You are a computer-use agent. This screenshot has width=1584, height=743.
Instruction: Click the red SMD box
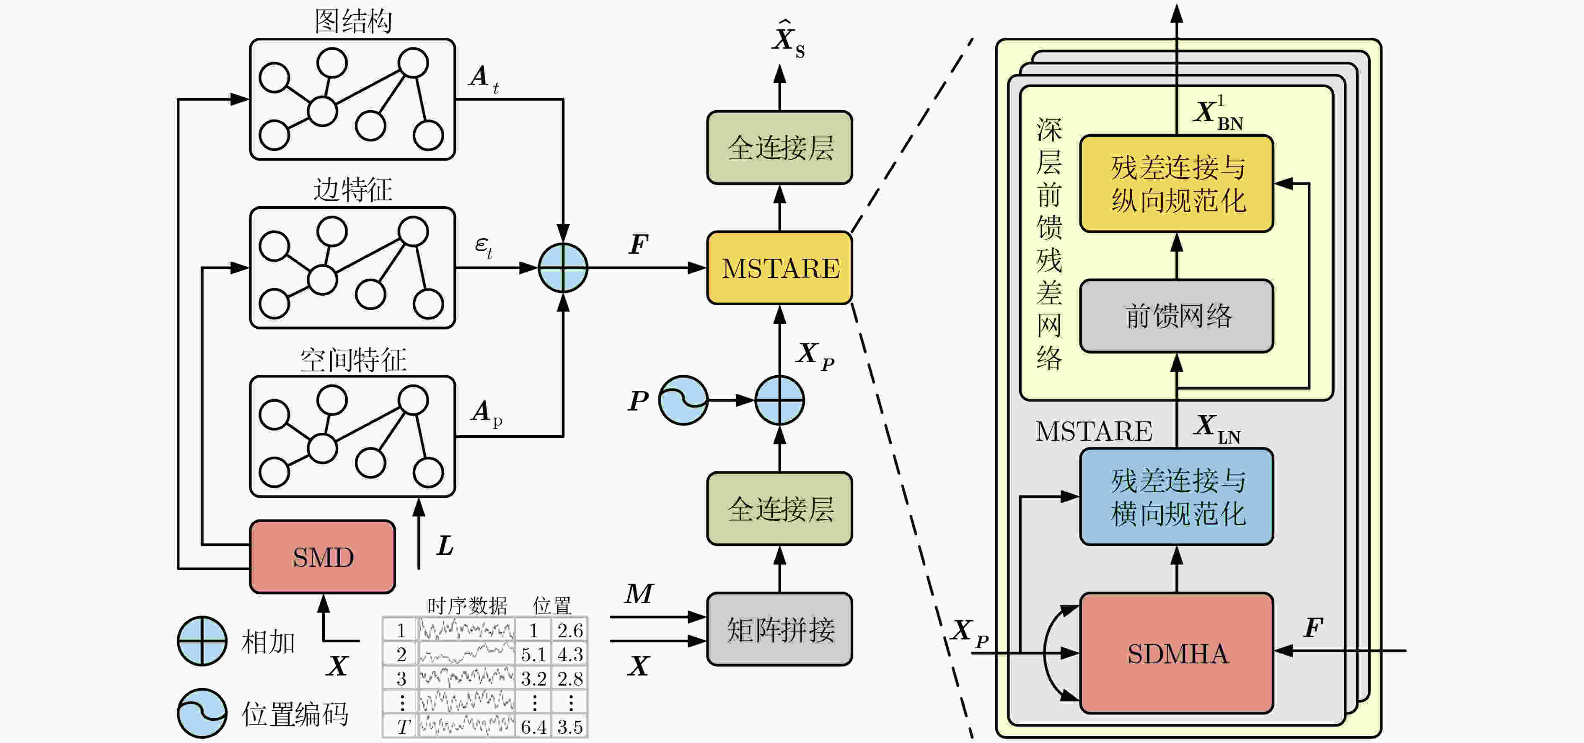(322, 557)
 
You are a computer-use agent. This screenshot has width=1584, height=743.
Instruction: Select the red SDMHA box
(1176, 653)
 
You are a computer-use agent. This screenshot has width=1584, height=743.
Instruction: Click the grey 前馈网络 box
(1176, 316)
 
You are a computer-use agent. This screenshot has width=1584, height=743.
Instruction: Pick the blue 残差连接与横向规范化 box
(1176, 497)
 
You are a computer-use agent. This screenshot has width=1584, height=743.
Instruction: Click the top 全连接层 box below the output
(780, 148)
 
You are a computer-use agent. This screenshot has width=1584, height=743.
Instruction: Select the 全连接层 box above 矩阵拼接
(780, 509)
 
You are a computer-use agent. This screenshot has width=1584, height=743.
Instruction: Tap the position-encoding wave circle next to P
(683, 400)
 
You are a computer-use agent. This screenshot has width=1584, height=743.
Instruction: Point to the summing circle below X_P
(780, 400)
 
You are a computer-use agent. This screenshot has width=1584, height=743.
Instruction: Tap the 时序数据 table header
(467, 606)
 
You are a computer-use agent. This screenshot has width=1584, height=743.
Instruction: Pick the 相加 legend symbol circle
(202, 641)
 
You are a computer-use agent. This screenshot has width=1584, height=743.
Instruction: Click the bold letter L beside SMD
(445, 546)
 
